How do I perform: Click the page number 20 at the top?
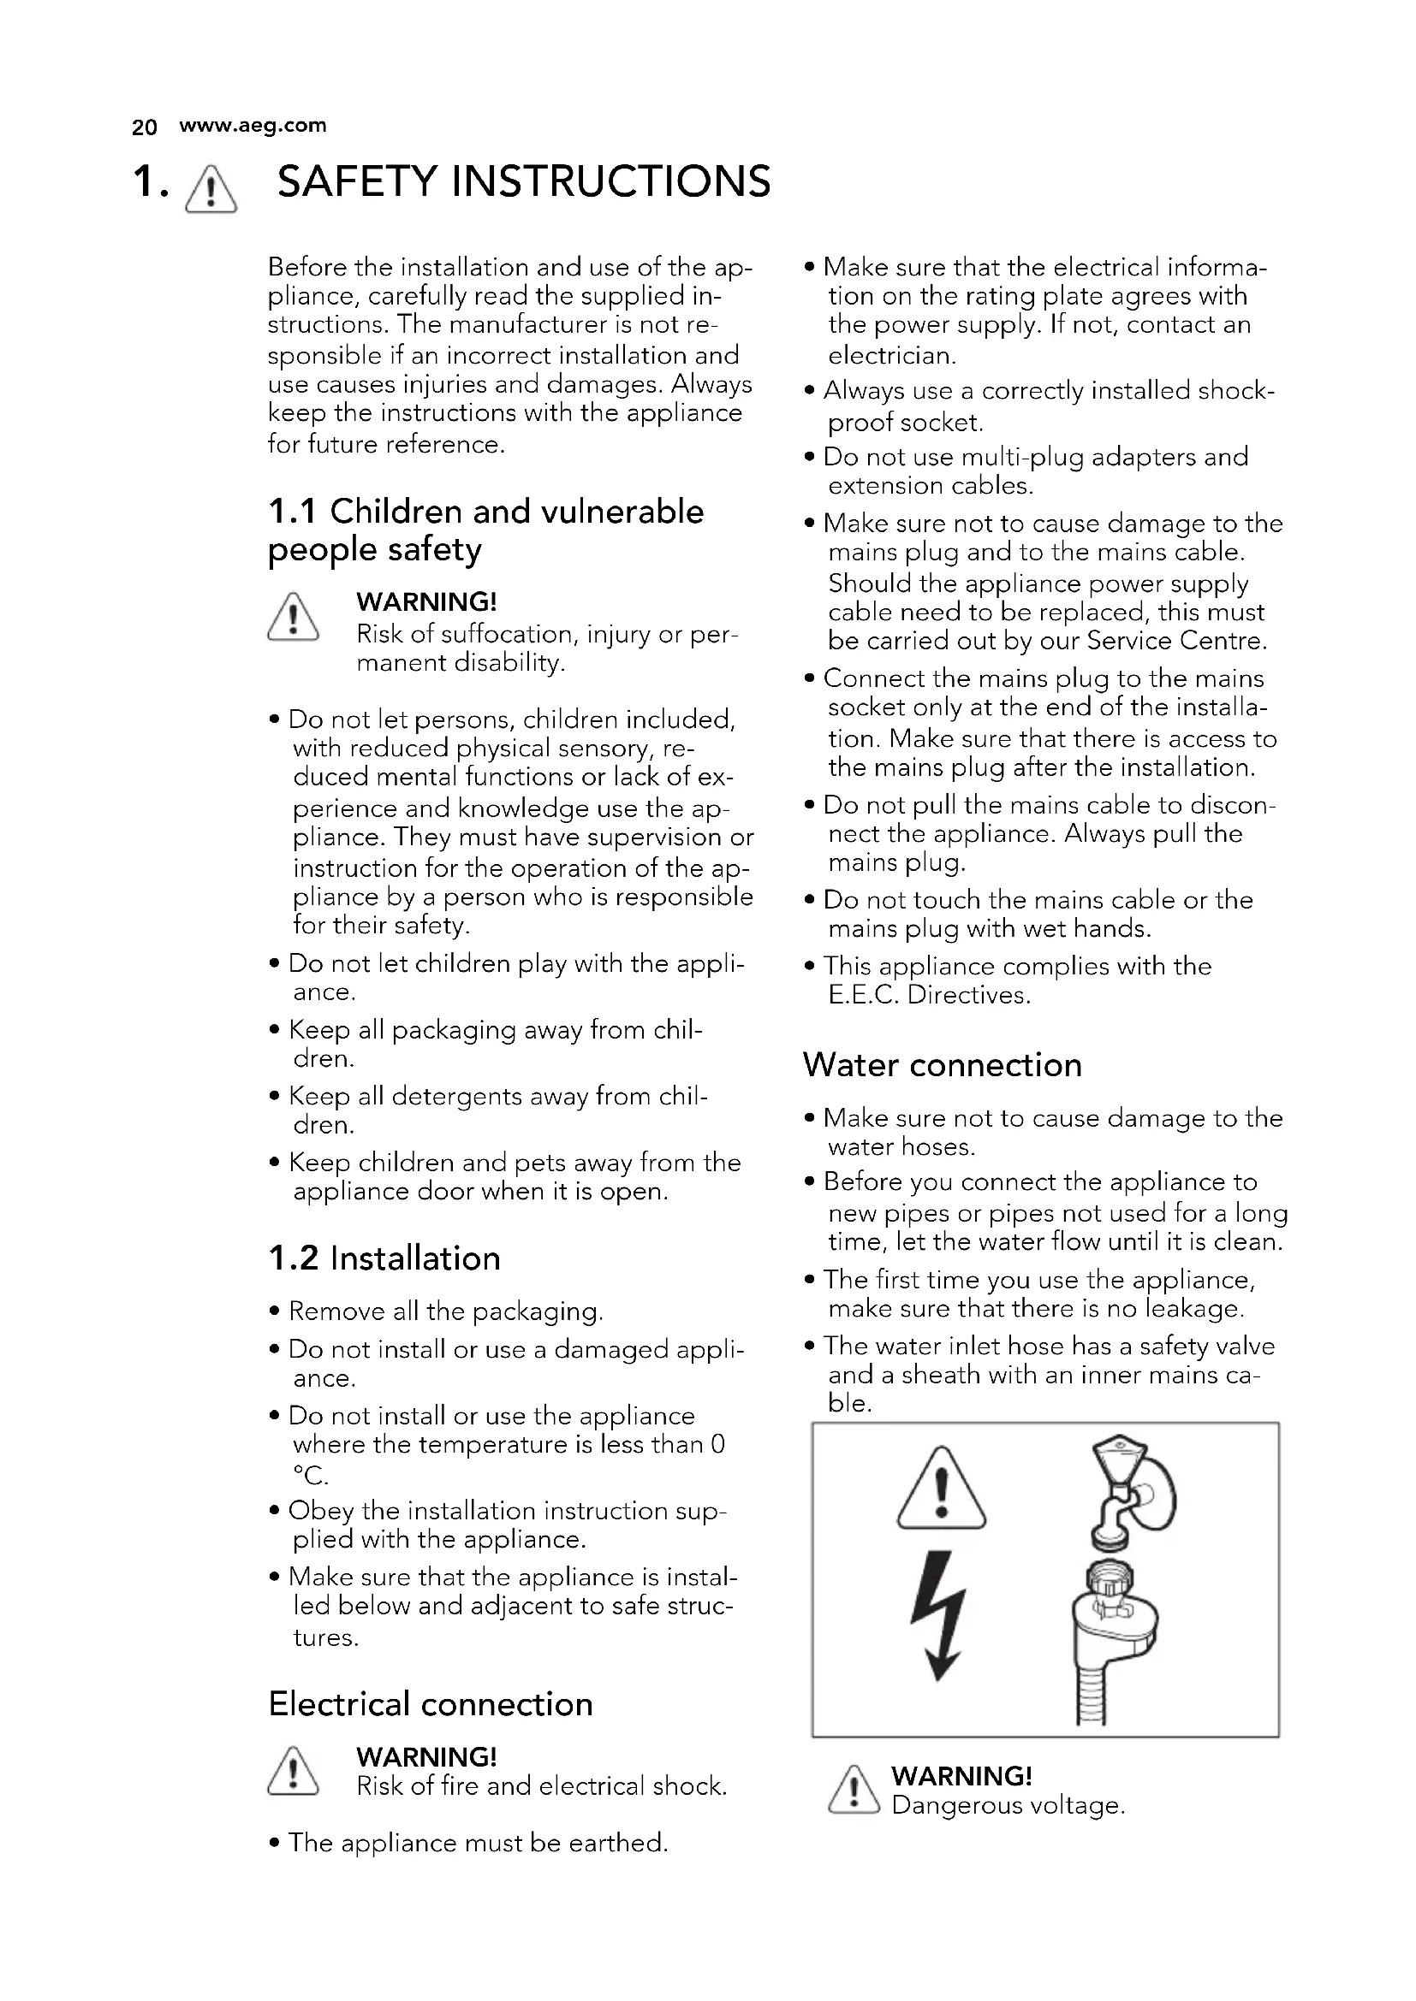(x=144, y=127)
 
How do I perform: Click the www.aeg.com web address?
(x=252, y=126)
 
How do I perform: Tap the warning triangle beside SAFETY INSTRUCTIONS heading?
(x=211, y=188)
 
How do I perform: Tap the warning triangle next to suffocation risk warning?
(x=293, y=618)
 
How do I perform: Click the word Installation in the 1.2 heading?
(x=415, y=1258)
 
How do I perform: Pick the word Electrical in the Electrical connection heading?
(x=349, y=1704)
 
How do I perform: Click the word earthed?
(x=617, y=1843)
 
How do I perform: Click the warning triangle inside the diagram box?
(x=941, y=1490)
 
